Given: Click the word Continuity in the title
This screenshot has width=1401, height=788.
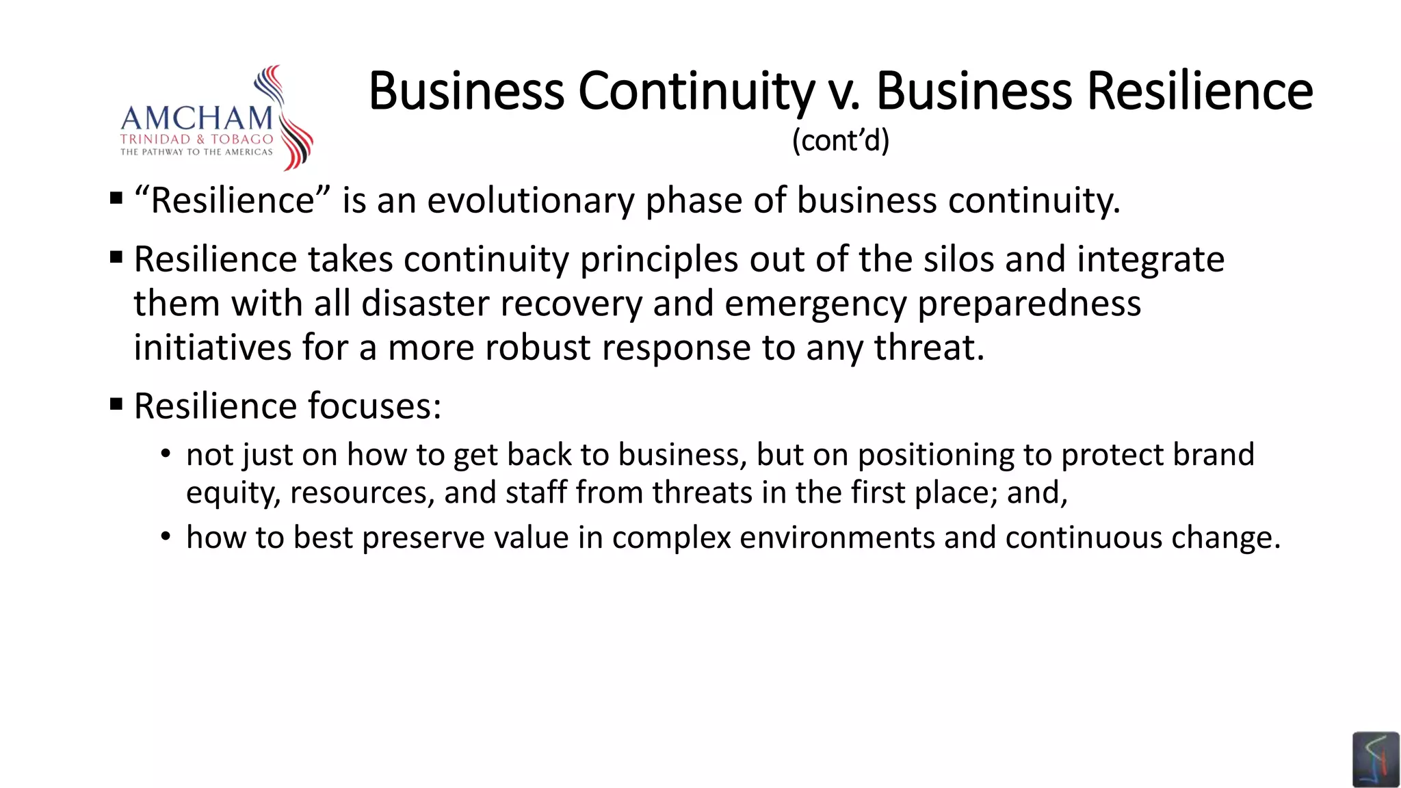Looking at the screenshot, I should pos(696,91).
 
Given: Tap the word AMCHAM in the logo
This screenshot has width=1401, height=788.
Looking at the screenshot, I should pos(197,118).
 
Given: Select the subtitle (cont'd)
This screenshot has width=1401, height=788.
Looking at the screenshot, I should pos(841,141).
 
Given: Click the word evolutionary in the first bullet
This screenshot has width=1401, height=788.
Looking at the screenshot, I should pos(531,201).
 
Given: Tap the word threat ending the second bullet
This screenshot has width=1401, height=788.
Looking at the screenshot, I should pos(928,347).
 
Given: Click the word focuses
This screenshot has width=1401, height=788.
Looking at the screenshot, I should pos(375,406).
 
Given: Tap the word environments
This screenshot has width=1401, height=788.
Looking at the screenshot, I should pos(837,538).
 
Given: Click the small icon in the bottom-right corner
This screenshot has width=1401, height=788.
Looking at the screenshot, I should pos(1376,759).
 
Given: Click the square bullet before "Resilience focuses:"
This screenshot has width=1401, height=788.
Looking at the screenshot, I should pos(116,404).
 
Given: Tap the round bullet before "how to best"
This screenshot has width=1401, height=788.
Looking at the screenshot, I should pos(166,537).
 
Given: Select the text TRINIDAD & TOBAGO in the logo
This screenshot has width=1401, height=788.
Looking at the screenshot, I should pos(196,139).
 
